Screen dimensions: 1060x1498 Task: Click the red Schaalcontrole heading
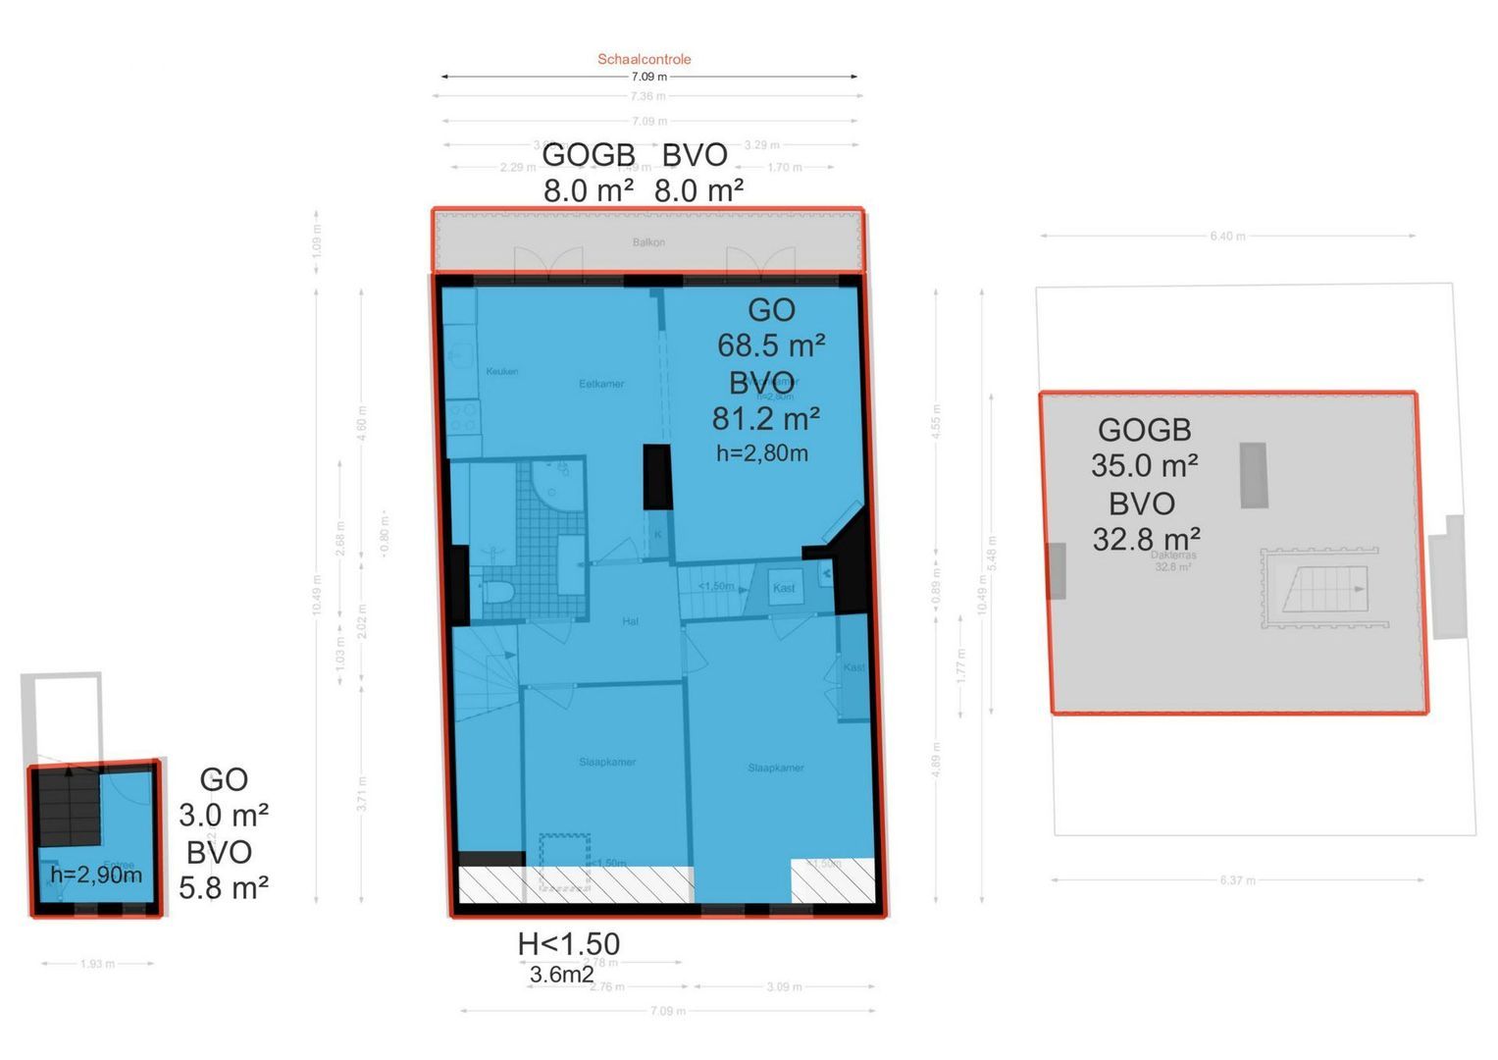[645, 59]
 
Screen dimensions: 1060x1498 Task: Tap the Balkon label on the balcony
[648, 242]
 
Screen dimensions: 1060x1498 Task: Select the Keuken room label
[502, 372]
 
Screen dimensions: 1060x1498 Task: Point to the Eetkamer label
[601, 384]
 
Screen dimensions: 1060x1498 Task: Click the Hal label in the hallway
[631, 621]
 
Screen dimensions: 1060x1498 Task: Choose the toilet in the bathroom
[499, 592]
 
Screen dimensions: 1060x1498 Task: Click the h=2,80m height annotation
[762, 452]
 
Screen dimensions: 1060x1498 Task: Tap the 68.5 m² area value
[771, 345]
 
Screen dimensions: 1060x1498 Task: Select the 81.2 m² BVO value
[766, 419]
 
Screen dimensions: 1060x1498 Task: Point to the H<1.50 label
[569, 944]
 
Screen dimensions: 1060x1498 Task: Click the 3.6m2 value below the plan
[561, 975]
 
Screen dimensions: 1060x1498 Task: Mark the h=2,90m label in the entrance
[96, 874]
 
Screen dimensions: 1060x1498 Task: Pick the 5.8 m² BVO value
[224, 888]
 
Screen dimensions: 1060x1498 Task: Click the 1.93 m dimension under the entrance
[97, 964]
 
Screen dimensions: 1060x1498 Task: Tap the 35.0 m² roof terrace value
[1145, 465]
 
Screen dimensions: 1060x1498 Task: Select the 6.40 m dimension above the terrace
[1227, 237]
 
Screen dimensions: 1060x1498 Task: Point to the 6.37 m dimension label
[1238, 880]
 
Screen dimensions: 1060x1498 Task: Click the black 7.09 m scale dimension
[648, 77]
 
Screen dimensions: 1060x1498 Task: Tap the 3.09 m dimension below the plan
[784, 986]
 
